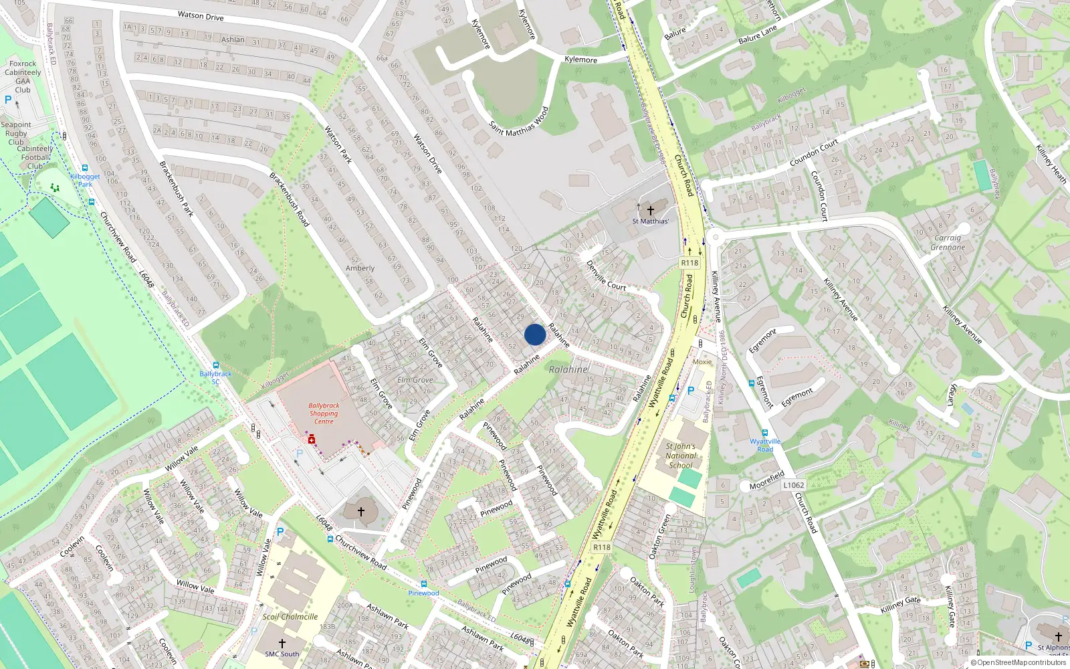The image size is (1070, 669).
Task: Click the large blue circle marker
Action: click(x=535, y=334)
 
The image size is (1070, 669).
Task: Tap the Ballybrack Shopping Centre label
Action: click(x=324, y=413)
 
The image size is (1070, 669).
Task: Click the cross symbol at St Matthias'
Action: click(x=650, y=211)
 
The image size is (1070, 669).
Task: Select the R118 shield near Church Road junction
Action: click(x=689, y=263)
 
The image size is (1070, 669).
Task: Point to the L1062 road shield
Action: click(x=793, y=485)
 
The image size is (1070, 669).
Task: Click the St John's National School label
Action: click(x=681, y=456)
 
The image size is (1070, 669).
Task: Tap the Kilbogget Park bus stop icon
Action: click(x=85, y=169)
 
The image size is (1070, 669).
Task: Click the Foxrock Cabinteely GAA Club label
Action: click(x=23, y=76)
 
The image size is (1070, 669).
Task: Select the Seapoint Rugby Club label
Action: click(x=16, y=133)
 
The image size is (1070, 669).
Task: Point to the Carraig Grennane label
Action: click(x=948, y=242)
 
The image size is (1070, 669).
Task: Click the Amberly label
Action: click(x=360, y=268)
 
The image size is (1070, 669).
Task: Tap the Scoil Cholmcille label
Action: click(x=290, y=617)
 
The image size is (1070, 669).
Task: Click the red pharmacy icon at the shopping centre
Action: click(x=312, y=440)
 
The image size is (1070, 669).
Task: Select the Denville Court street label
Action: click(x=606, y=275)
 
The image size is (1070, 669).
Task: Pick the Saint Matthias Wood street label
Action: click(x=519, y=122)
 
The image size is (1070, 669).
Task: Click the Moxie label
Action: click(x=702, y=361)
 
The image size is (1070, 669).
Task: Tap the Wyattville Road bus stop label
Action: click(x=765, y=445)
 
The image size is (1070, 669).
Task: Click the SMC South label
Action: click(x=282, y=654)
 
